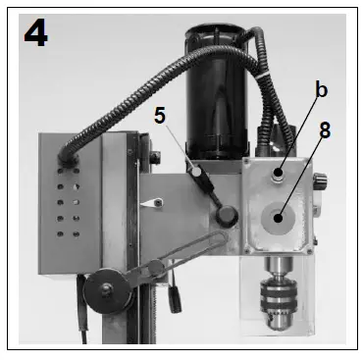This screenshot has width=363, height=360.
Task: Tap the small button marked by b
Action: click(x=279, y=174)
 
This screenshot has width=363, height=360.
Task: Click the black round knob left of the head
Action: click(x=228, y=215)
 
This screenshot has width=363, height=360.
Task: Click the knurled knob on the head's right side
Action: click(x=319, y=181)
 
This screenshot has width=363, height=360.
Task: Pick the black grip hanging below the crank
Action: click(x=175, y=291)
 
